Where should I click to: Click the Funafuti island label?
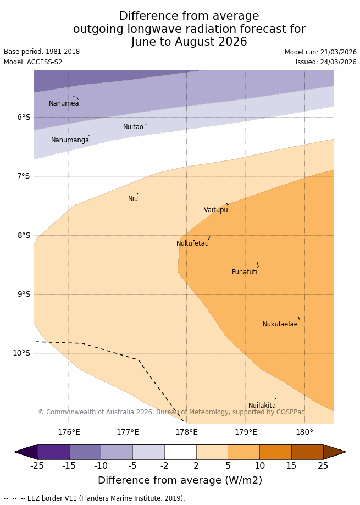coord(245,272)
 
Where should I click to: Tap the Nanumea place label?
coord(64,103)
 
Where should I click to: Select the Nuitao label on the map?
coord(133,127)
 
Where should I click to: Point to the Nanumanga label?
coord(70,140)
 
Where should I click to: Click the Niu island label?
coord(133,199)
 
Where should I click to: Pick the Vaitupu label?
coord(215,210)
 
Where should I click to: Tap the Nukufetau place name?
coord(192,243)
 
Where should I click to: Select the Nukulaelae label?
coord(280,324)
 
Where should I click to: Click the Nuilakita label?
coord(262,406)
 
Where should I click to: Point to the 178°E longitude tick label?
coord(186,432)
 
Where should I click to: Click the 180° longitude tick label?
coord(304,432)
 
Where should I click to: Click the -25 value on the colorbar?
coord(37,466)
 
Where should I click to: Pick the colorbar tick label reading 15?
coord(291,466)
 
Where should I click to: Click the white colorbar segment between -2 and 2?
coord(180,452)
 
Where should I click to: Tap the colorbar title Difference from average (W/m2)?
coord(180,480)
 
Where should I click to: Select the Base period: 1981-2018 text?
coord(42,52)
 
